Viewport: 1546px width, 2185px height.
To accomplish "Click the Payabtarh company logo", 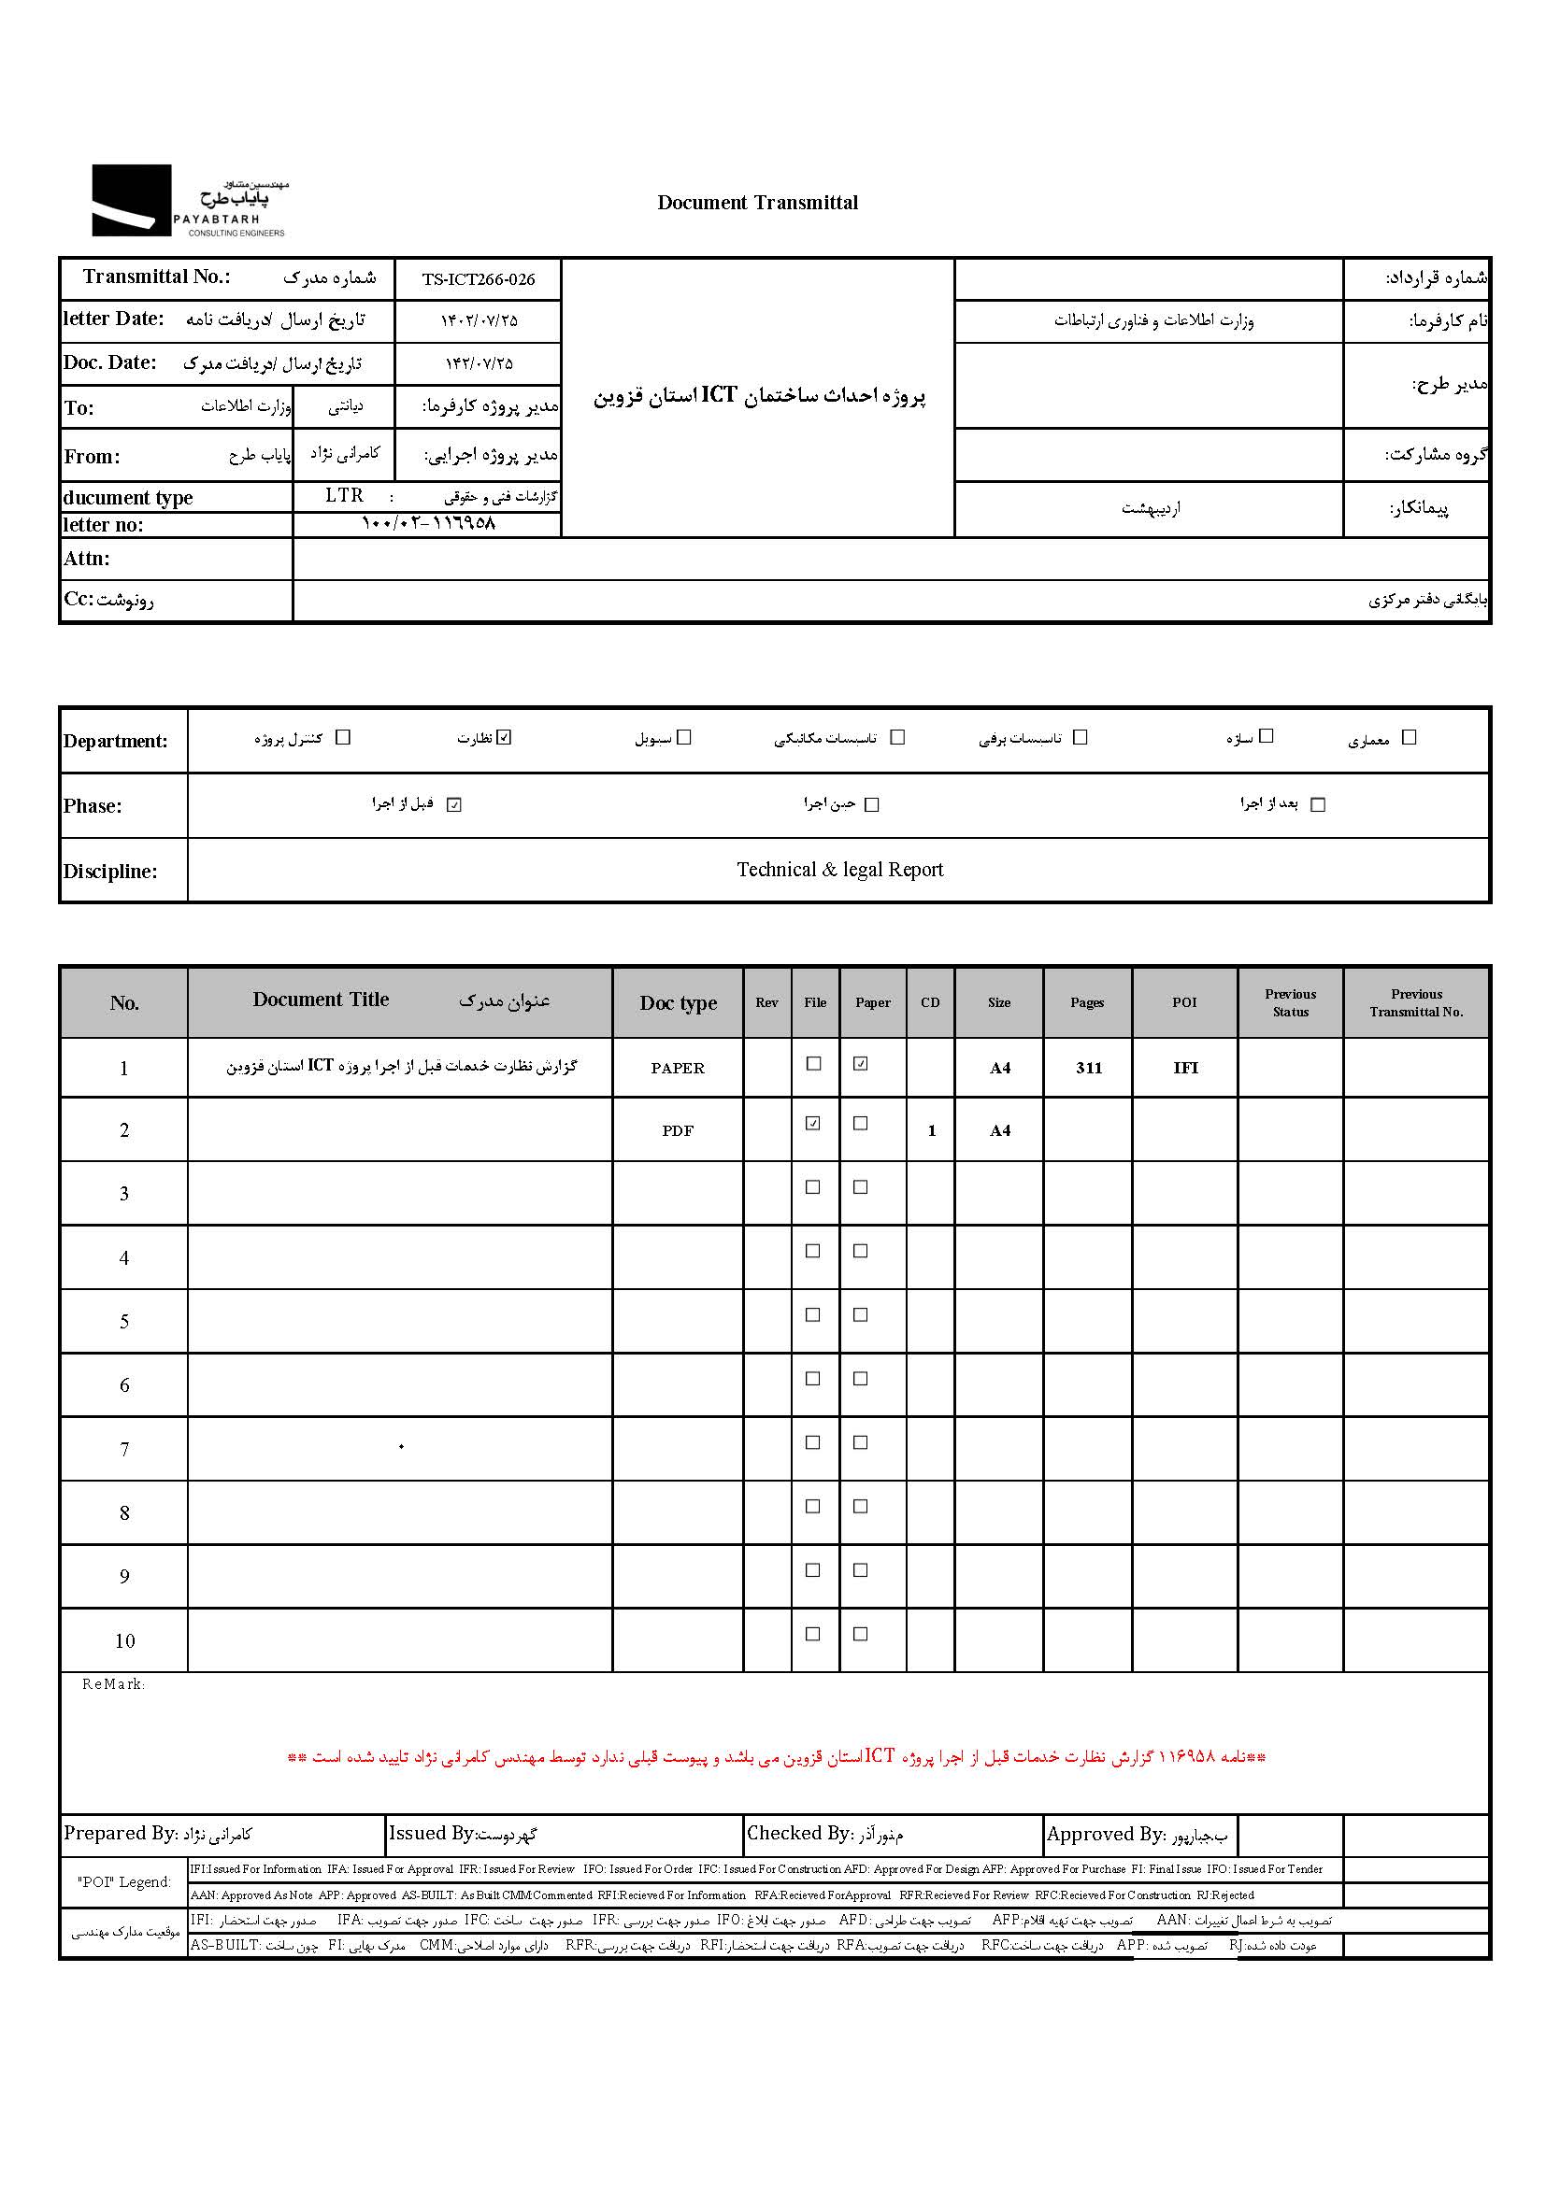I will [x=189, y=201].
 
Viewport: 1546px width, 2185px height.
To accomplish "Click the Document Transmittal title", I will [x=757, y=203].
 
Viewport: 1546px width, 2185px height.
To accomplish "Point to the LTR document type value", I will [x=344, y=496].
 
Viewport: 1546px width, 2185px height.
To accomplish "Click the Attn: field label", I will [x=87, y=559].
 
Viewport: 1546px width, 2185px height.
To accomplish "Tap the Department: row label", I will [x=115, y=742].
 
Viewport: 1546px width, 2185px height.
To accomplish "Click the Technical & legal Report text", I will [x=839, y=870].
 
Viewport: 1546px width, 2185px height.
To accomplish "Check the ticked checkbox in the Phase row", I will [x=454, y=805].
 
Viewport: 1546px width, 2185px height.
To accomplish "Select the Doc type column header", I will [x=678, y=1003].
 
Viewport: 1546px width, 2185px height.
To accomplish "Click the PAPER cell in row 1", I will [x=678, y=1068].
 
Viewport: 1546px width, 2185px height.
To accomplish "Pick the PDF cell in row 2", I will [x=678, y=1130].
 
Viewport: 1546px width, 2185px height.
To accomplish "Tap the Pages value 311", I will [x=1089, y=1068].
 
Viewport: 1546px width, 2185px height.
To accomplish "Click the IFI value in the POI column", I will [x=1185, y=1068].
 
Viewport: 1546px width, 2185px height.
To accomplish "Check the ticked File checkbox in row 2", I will [x=813, y=1123].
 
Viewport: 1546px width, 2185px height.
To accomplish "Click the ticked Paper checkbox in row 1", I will [x=861, y=1064].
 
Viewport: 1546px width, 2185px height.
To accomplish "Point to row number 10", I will [x=124, y=1640].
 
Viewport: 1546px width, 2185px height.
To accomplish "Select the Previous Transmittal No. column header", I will [x=1415, y=1003].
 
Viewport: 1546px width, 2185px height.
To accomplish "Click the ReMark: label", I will [x=113, y=1684].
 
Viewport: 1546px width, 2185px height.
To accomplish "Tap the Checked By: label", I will [x=798, y=1833].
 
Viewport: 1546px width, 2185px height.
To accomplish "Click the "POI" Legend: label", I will [x=124, y=1881].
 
